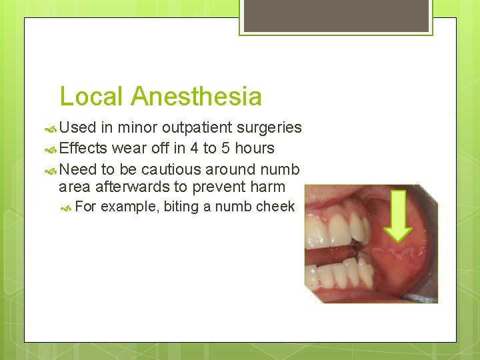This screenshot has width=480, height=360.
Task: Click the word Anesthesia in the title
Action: pyautogui.click(x=196, y=97)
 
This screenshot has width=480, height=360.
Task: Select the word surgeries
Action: pyautogui.click(x=269, y=128)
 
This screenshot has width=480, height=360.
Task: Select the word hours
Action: pyautogui.click(x=257, y=148)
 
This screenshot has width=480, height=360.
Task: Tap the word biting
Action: pyautogui.click(x=181, y=207)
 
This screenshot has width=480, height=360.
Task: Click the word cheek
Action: pyautogui.click(x=275, y=207)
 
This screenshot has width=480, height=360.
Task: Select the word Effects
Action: pyautogui.click(x=83, y=148)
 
